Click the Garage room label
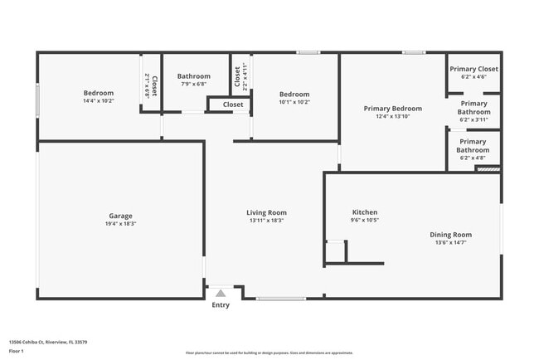point(120,216)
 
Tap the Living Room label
point(266,212)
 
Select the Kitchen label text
point(365,212)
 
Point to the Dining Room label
point(450,234)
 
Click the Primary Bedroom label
point(393,108)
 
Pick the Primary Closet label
point(473,69)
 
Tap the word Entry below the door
point(221,305)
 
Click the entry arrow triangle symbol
point(221,292)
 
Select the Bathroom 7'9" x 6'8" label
point(193,76)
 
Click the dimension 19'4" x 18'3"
point(120,224)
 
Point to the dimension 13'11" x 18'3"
point(266,221)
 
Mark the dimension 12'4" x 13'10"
point(393,116)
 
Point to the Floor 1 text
point(16,352)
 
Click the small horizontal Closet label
point(233,105)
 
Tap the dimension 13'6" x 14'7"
point(450,242)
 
